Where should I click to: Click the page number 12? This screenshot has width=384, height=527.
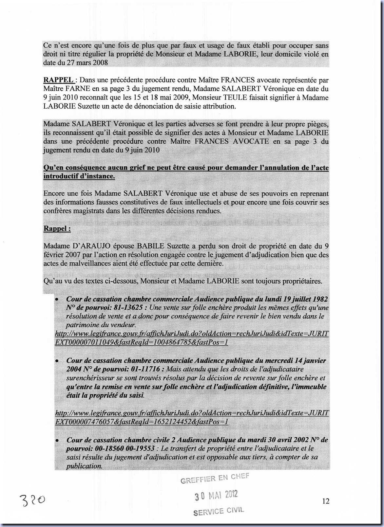pos(326,501)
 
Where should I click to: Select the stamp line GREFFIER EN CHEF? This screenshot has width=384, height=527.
pos(215,478)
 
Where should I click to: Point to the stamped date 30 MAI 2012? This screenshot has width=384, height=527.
pos(216,496)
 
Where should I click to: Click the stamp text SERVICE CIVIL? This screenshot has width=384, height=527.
pos(219,511)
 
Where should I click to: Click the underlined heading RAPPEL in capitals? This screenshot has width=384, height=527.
pos(58,80)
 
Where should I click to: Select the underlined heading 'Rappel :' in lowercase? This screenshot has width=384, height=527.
pos(57,228)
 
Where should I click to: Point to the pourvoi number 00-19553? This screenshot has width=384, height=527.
pos(140,449)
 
